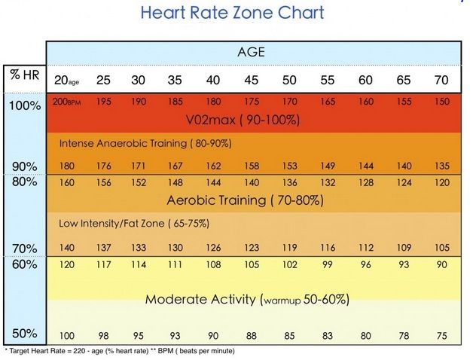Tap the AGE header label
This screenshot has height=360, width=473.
point(252,53)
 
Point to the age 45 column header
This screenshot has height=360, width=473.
point(252,81)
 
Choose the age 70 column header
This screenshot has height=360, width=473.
point(441,81)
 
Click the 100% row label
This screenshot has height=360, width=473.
point(25,105)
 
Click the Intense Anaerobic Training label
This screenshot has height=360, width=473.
point(145,142)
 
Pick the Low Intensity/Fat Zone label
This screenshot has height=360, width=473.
point(133,223)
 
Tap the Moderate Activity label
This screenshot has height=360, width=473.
point(247,299)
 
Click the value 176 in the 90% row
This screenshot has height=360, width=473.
point(104,166)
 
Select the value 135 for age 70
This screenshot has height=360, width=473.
point(442,166)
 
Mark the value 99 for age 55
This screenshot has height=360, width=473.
point(327,264)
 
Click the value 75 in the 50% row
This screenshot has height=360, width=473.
point(442,336)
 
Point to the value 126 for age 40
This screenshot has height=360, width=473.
point(213,248)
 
